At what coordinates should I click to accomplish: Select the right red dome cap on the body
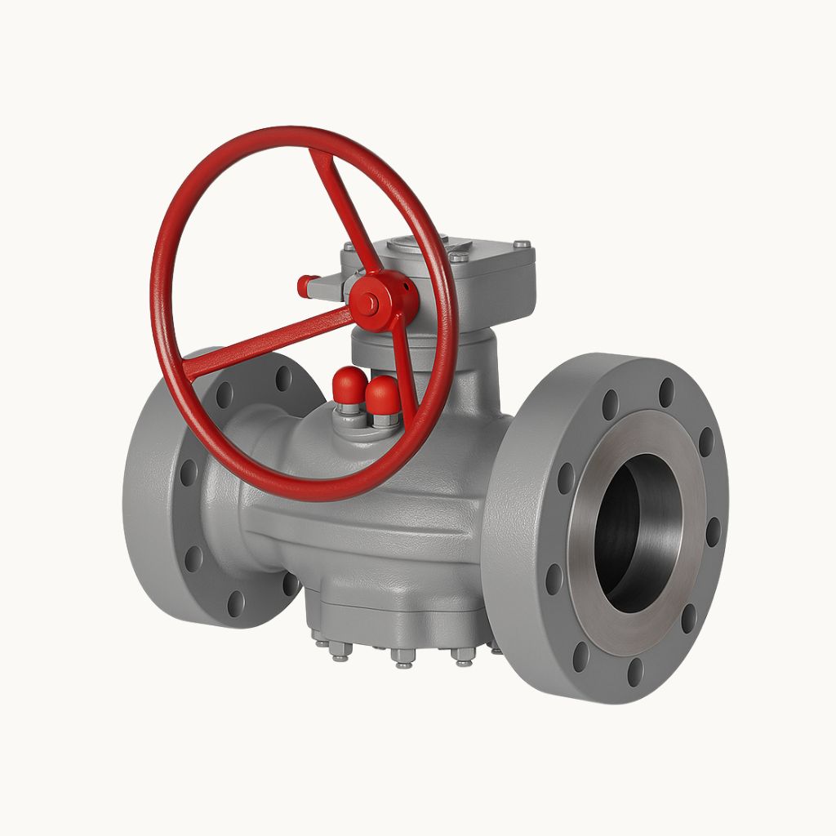click(x=382, y=394)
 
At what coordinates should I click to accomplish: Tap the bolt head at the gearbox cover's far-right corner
click(x=521, y=244)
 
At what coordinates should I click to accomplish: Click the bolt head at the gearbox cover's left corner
click(x=349, y=246)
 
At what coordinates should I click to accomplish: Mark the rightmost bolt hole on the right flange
click(x=713, y=531)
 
